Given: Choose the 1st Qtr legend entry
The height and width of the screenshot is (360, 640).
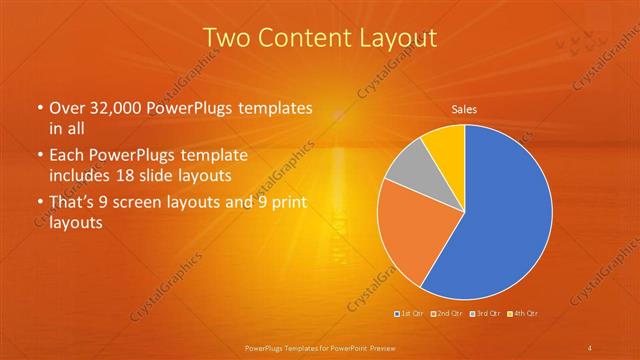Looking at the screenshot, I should tap(411, 314).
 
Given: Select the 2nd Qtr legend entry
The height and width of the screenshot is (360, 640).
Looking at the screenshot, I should tap(448, 314).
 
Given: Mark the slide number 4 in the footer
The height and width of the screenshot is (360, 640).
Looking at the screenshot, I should tap(590, 347).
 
